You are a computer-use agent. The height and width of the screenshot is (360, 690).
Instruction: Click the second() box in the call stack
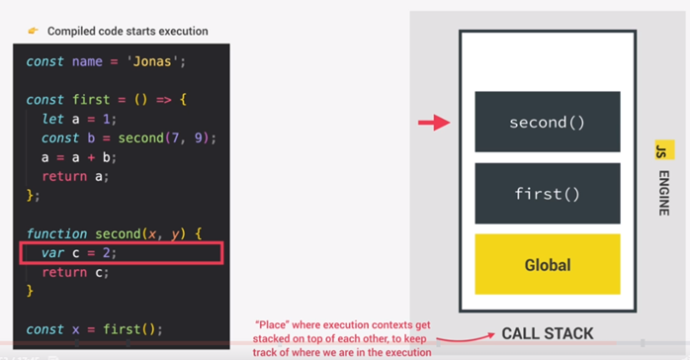pyautogui.click(x=547, y=123)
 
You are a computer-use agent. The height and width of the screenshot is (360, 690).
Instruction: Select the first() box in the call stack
pyautogui.click(x=547, y=194)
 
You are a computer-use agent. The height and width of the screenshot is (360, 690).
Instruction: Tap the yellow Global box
pyautogui.click(x=547, y=264)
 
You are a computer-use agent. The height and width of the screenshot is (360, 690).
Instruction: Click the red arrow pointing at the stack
pyautogui.click(x=433, y=124)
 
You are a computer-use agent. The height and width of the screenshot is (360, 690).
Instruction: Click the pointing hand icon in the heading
pyautogui.click(x=33, y=31)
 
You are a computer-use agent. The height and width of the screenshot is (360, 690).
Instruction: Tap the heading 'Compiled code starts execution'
pyautogui.click(x=128, y=31)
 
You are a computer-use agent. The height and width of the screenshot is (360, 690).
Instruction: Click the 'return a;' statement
pyautogui.click(x=75, y=176)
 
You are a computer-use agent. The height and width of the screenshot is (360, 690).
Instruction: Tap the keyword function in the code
pyautogui.click(x=57, y=233)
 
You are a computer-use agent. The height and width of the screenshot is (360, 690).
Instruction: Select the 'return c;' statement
pyautogui.click(x=75, y=271)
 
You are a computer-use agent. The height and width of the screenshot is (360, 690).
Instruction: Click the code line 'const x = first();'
pyautogui.click(x=94, y=328)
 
